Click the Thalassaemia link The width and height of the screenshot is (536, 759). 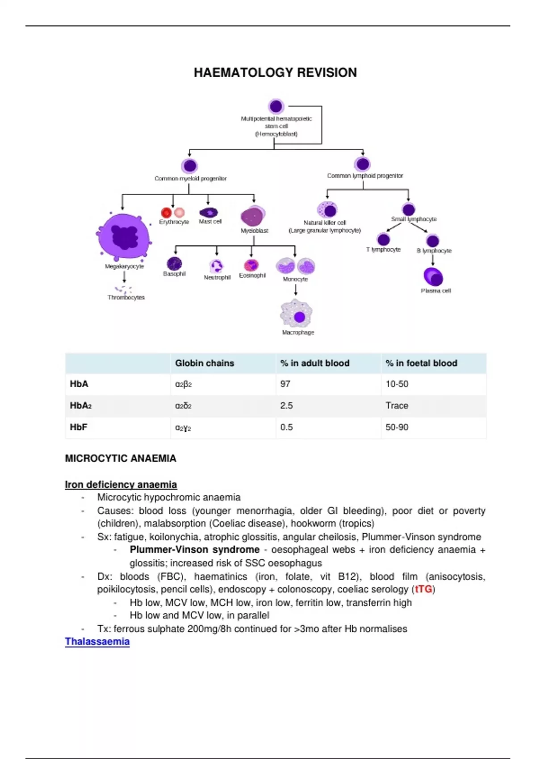tap(97, 642)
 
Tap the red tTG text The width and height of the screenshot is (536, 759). tap(423, 589)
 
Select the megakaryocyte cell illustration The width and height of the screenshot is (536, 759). tap(124, 236)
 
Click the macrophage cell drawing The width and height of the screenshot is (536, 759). tap(296, 314)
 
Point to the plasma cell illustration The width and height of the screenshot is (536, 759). tap(433, 277)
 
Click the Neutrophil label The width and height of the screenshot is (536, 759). tap(217, 277)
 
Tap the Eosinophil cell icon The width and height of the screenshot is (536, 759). tap(251, 265)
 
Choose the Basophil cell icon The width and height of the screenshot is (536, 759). tap(174, 263)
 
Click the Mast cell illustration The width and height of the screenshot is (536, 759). tap(208, 213)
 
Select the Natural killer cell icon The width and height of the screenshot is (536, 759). tap(327, 209)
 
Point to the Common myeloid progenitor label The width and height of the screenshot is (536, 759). tap(190, 179)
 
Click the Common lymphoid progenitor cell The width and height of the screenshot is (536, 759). tap(362, 164)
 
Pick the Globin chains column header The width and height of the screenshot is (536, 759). tap(205, 363)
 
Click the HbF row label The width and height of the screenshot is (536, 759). tap(79, 427)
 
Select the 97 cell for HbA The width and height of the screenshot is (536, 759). tap(285, 384)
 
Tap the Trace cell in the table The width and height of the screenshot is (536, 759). tap(397, 405)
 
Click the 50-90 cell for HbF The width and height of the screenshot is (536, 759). tap(397, 427)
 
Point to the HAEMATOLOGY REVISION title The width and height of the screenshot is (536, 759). tap(275, 73)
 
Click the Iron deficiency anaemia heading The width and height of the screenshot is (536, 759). tap(121, 484)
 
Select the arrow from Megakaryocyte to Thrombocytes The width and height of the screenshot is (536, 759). tap(124, 277)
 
